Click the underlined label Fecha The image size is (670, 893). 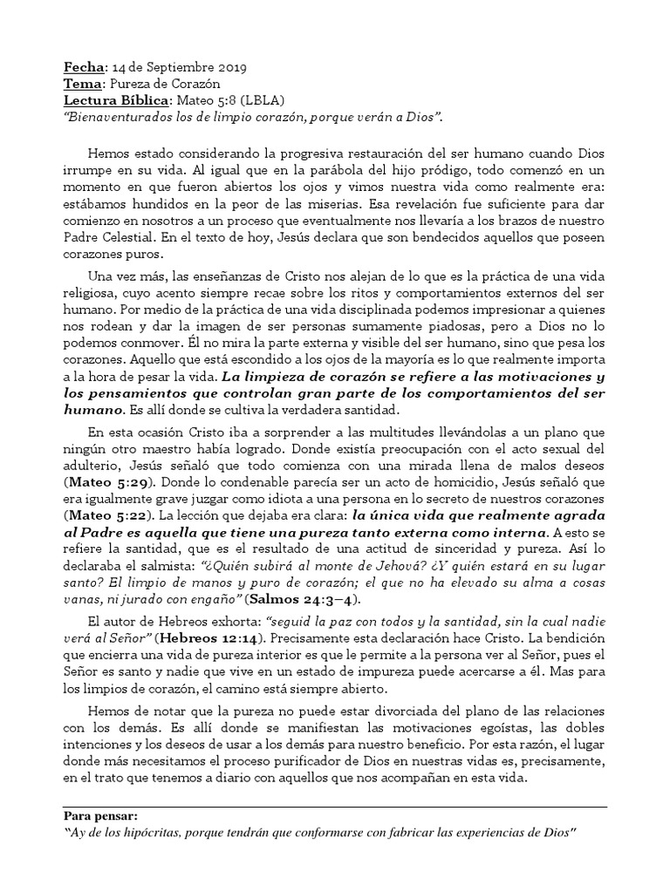coord(84,67)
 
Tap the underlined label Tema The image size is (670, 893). coord(84,84)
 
